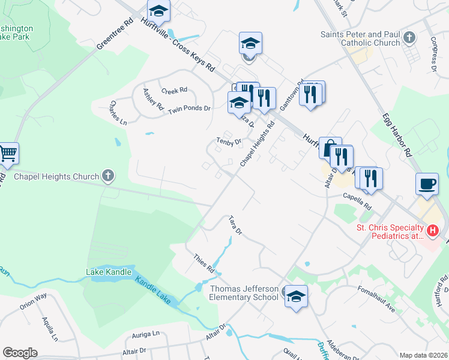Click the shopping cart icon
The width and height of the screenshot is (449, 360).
8,154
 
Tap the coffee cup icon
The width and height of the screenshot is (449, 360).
427,184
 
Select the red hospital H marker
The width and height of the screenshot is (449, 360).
433,230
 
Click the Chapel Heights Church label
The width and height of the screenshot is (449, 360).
56,176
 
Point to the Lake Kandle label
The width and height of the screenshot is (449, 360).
109,272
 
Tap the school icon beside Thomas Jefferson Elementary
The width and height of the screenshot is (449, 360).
295,296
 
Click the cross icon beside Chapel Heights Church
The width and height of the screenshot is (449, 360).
108,176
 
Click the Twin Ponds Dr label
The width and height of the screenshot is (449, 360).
190,109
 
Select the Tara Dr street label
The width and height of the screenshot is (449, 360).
235,225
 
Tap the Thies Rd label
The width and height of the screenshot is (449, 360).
204,263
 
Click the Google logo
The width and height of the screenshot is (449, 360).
20,353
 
